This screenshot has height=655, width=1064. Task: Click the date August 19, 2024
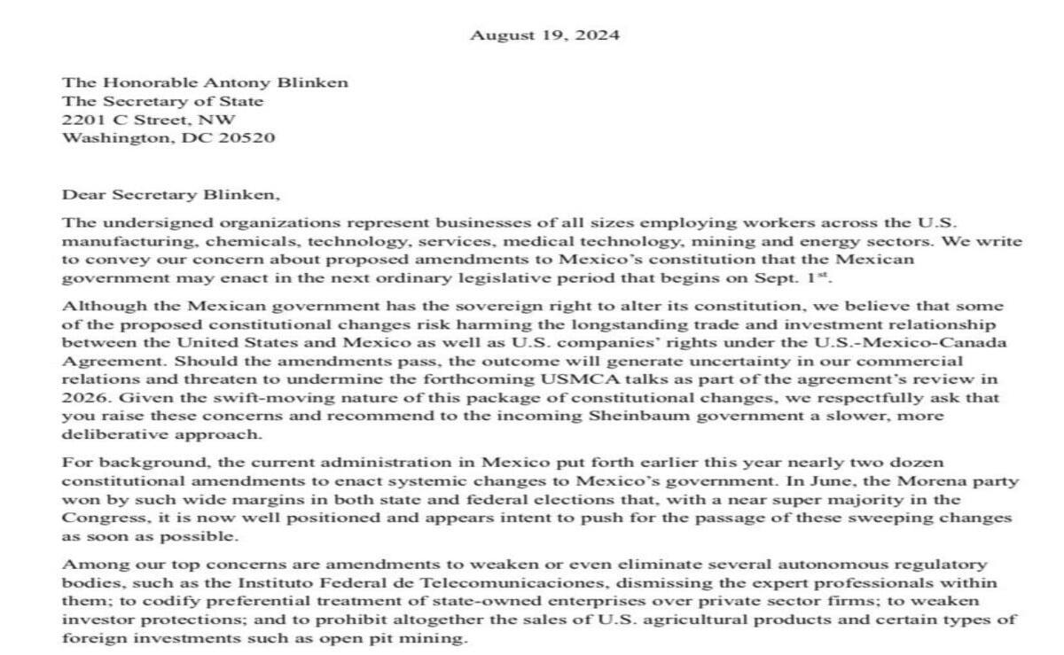pos(544,35)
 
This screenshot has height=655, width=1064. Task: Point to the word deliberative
pos(106,435)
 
